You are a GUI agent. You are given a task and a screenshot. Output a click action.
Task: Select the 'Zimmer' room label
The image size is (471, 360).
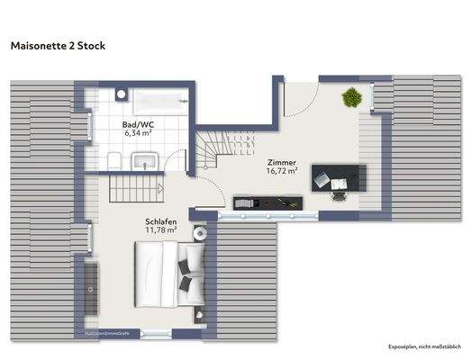[281, 162]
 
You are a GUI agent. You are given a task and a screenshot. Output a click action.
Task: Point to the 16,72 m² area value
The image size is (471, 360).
[281, 171]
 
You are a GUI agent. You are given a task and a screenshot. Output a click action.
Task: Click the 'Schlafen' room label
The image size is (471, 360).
[159, 220]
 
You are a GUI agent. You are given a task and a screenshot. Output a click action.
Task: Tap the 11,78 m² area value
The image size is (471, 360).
[159, 229]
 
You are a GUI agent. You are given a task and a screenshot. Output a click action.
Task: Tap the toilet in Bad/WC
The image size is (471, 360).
[110, 159]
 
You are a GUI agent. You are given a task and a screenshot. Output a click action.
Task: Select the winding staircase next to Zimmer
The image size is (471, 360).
[221, 149]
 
